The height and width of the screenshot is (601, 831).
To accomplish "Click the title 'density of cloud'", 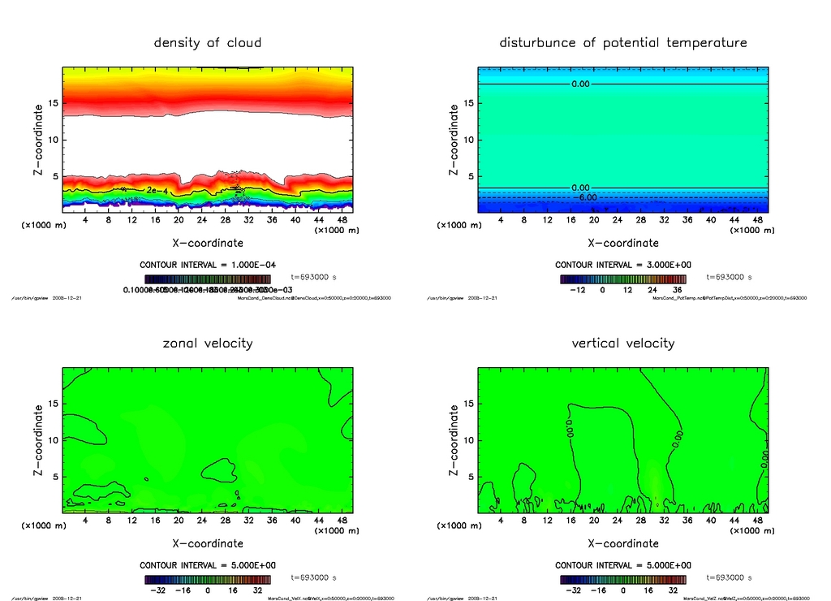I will [208, 42].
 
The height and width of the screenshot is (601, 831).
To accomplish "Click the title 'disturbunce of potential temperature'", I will [623, 42].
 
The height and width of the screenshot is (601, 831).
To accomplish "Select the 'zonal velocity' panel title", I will [208, 343].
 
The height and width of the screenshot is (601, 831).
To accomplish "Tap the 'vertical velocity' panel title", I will [623, 343].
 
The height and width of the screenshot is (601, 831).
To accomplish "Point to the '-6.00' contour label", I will [586, 197].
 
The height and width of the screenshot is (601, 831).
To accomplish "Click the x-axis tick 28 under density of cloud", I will [226, 220].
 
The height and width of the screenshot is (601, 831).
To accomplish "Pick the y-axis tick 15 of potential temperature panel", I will [469, 103].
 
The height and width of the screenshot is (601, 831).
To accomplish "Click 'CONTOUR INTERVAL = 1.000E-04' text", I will [208, 265].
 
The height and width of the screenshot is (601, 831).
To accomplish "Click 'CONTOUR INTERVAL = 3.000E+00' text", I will [623, 265].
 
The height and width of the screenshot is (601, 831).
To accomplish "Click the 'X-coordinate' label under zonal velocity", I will [208, 543].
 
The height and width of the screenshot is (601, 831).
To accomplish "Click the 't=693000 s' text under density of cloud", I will [313, 277].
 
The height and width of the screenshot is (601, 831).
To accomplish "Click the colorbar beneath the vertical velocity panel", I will [622, 579].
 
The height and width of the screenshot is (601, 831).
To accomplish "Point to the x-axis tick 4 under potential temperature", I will [501, 220].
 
